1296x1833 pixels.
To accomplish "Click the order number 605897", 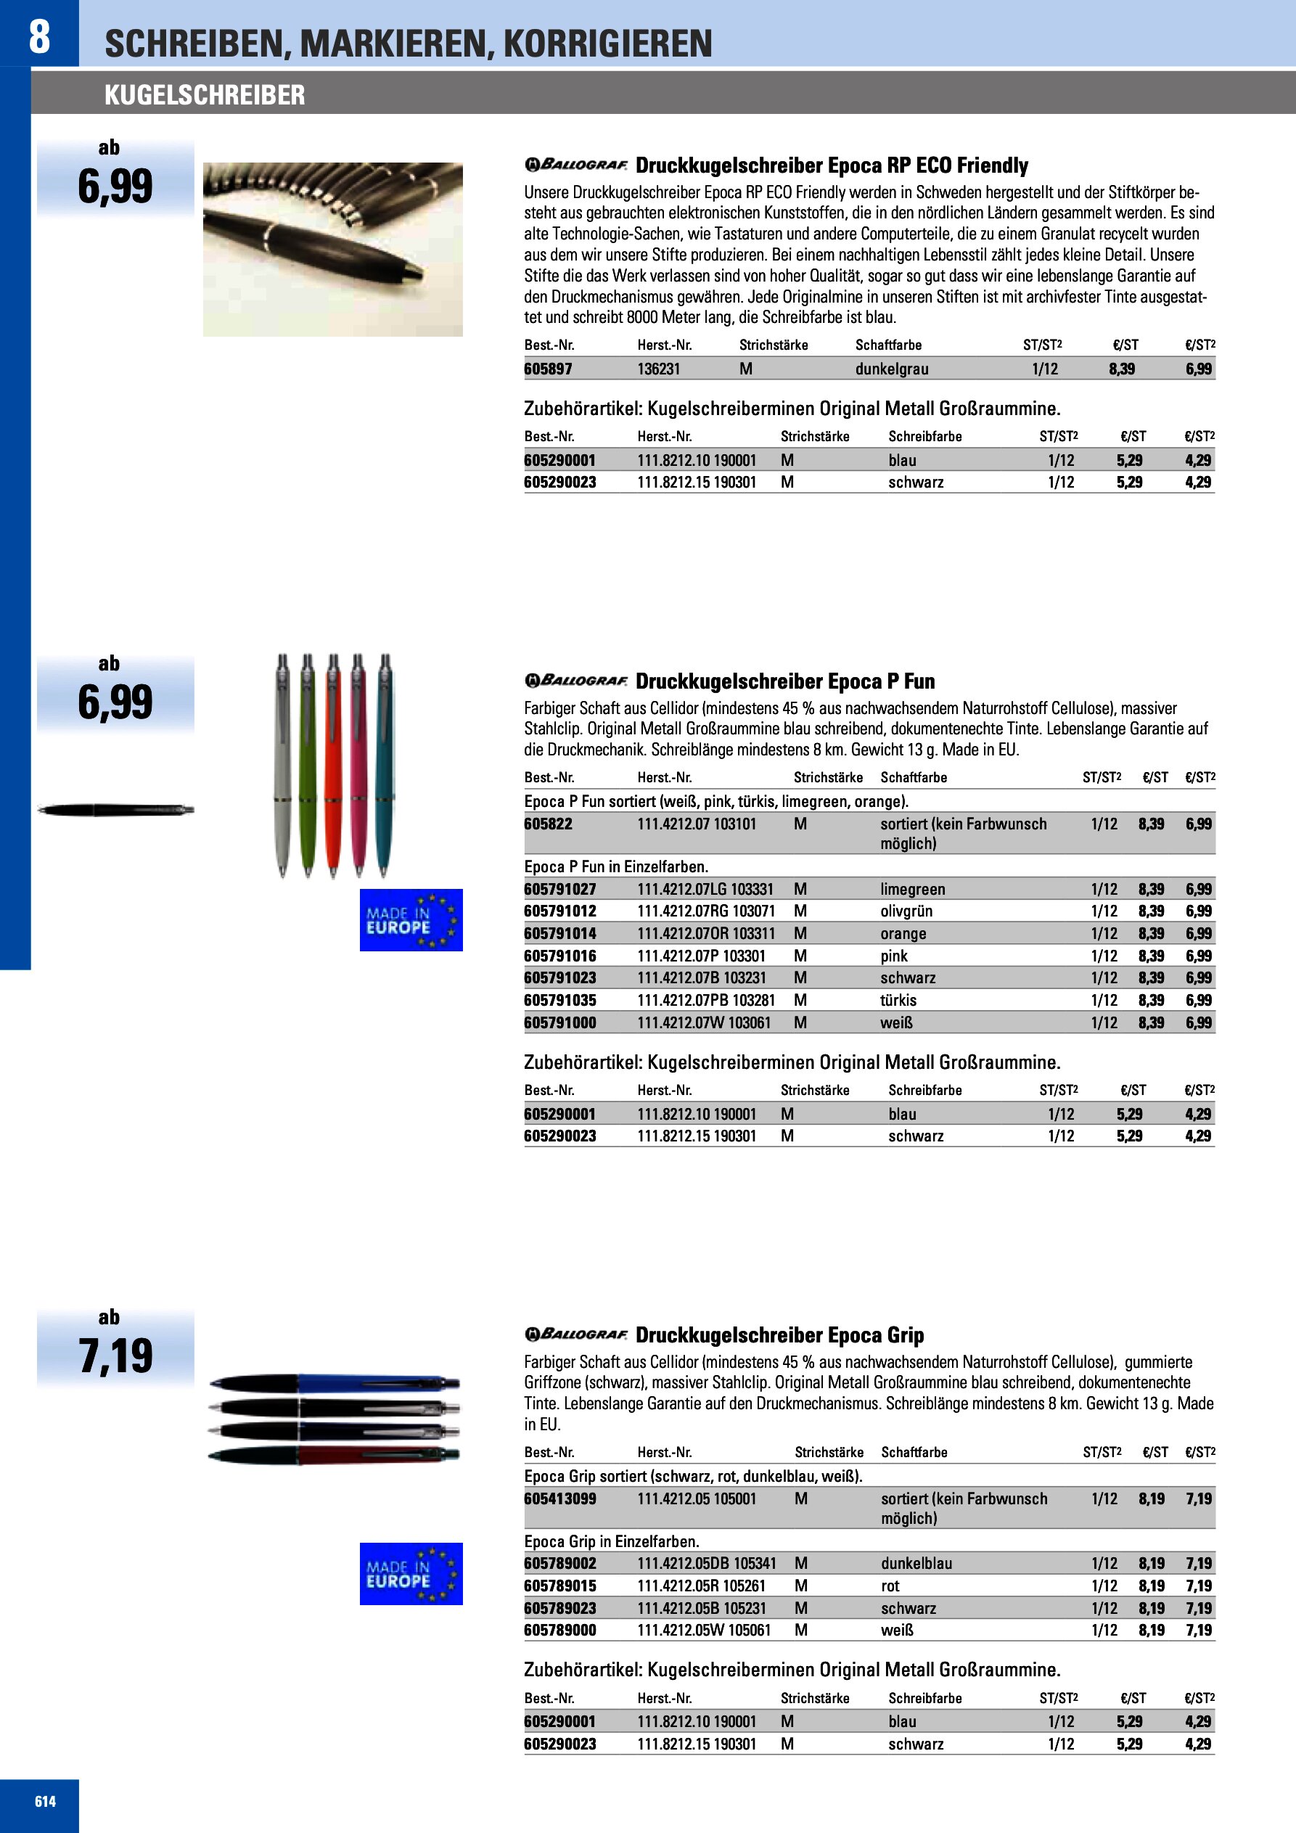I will [548, 369].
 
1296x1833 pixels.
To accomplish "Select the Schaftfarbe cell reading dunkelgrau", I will [891, 369].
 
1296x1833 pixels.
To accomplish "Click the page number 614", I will [46, 1801].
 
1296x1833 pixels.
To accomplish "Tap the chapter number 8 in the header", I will [39, 36].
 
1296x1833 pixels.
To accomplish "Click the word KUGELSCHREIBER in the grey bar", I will [205, 96].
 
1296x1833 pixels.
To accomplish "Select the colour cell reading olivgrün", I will [906, 911].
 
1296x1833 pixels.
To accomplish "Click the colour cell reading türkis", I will [898, 1001].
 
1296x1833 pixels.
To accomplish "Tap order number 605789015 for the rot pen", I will [559, 1586].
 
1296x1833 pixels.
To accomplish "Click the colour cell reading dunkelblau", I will [916, 1563].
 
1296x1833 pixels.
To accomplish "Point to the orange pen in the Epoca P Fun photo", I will [333, 766].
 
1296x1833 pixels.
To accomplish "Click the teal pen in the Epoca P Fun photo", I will [385, 766].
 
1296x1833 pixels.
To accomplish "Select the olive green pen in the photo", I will [308, 766].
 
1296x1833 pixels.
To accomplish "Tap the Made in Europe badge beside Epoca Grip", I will [411, 1573].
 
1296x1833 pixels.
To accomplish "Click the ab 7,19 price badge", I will [116, 1348].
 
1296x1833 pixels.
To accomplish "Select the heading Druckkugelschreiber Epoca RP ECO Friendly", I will [832, 165].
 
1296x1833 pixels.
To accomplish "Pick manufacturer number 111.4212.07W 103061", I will [703, 1022].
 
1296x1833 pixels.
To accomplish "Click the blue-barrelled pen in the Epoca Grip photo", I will [367, 1383].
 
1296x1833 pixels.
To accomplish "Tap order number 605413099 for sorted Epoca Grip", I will [559, 1498].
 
